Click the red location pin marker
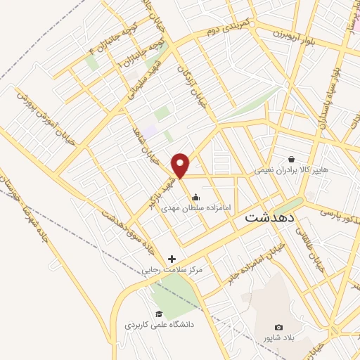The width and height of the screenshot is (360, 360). pos(181,165)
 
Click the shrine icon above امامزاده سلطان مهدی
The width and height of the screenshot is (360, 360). pos(195,198)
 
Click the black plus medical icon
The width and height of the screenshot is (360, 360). pos(172,259)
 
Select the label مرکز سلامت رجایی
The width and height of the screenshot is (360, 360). pos(172,269)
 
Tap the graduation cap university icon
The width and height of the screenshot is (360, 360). pos(160,314)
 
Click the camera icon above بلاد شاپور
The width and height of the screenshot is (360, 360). pos(279,328)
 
